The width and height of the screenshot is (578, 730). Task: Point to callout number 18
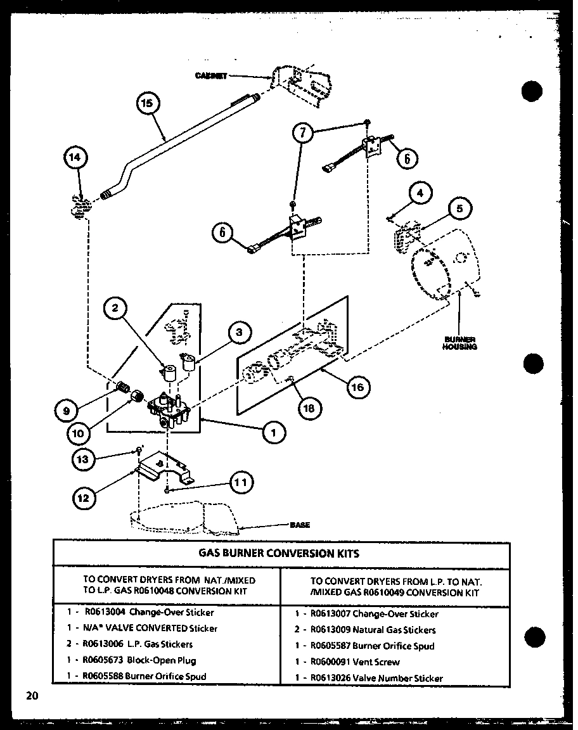[x=309, y=409]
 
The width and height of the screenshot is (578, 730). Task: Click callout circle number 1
[x=274, y=433]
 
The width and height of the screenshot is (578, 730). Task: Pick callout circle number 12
[x=83, y=497]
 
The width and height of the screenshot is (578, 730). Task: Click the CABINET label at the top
[x=211, y=75]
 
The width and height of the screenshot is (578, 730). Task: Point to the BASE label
[x=300, y=525]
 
